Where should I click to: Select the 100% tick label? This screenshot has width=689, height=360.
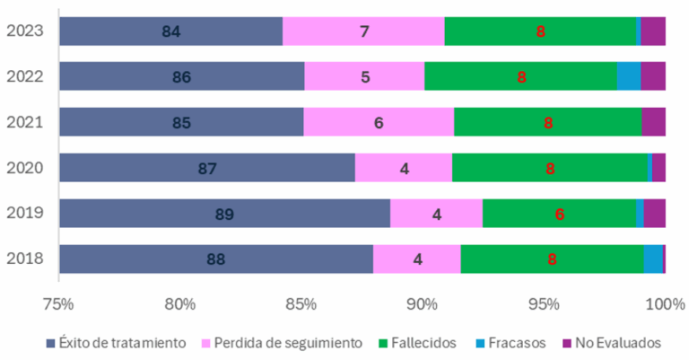tap(665, 303)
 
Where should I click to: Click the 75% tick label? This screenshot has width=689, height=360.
tap(58, 303)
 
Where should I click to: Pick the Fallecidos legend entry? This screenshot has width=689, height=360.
tap(418, 342)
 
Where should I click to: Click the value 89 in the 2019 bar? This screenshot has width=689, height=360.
tap(224, 214)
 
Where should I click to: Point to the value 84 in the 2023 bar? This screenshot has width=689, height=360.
tap(170, 31)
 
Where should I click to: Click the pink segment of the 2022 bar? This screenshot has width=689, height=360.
tap(364, 76)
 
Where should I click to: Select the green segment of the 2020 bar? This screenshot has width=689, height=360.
tap(549, 168)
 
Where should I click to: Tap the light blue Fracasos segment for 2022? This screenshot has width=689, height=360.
tap(629, 76)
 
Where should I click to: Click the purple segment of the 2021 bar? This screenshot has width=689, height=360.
tap(653, 122)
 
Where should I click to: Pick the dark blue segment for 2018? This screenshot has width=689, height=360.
tap(215, 259)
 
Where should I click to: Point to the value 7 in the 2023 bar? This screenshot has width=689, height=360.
tap(363, 31)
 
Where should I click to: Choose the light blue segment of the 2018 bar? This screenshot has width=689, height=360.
tap(653, 259)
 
